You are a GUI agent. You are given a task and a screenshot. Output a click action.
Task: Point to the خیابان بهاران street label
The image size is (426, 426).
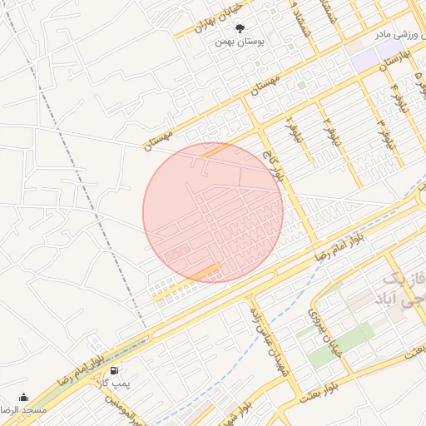(211, 17)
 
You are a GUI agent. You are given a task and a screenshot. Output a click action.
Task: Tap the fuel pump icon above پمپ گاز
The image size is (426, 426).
(113, 370)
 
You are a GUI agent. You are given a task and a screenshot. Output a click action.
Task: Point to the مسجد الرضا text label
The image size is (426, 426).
(23, 410)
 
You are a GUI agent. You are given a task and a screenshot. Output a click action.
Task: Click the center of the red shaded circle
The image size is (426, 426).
(213, 211)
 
